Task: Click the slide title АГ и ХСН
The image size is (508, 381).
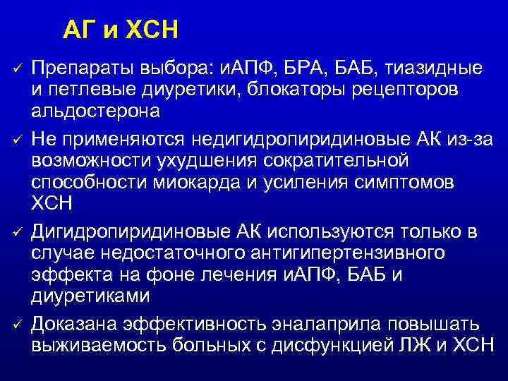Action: [120, 30]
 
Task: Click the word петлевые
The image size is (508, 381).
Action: [87, 90]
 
